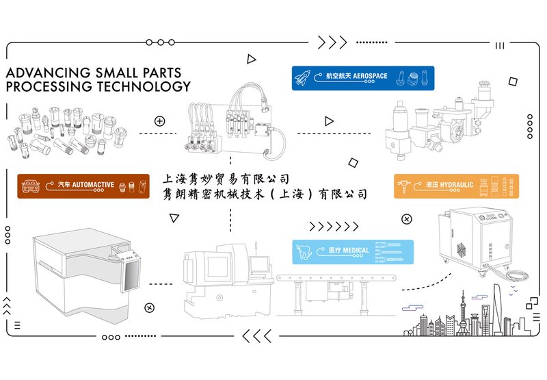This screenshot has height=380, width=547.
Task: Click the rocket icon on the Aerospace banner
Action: click(x=304, y=76)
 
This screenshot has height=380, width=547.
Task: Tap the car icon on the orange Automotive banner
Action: click(x=31, y=186)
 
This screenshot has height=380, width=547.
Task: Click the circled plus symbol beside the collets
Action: click(x=160, y=121)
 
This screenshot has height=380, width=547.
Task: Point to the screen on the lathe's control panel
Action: click(x=258, y=263)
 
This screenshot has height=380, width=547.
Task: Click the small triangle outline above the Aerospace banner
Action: click(x=252, y=60)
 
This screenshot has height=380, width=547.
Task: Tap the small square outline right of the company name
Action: click(x=353, y=162)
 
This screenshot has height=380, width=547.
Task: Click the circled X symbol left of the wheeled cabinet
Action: click(x=407, y=219)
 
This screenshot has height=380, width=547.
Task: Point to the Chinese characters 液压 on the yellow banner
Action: click(x=433, y=186)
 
